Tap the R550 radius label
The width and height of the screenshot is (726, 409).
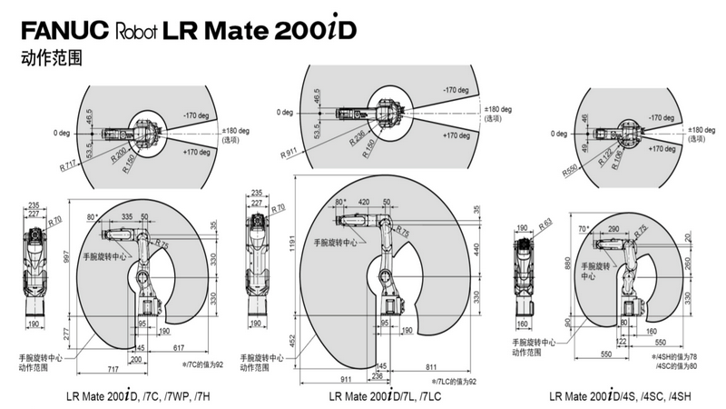point(571,169)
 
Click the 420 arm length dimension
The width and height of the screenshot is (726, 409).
point(362,203)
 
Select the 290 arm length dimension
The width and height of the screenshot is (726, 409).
point(613,229)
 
